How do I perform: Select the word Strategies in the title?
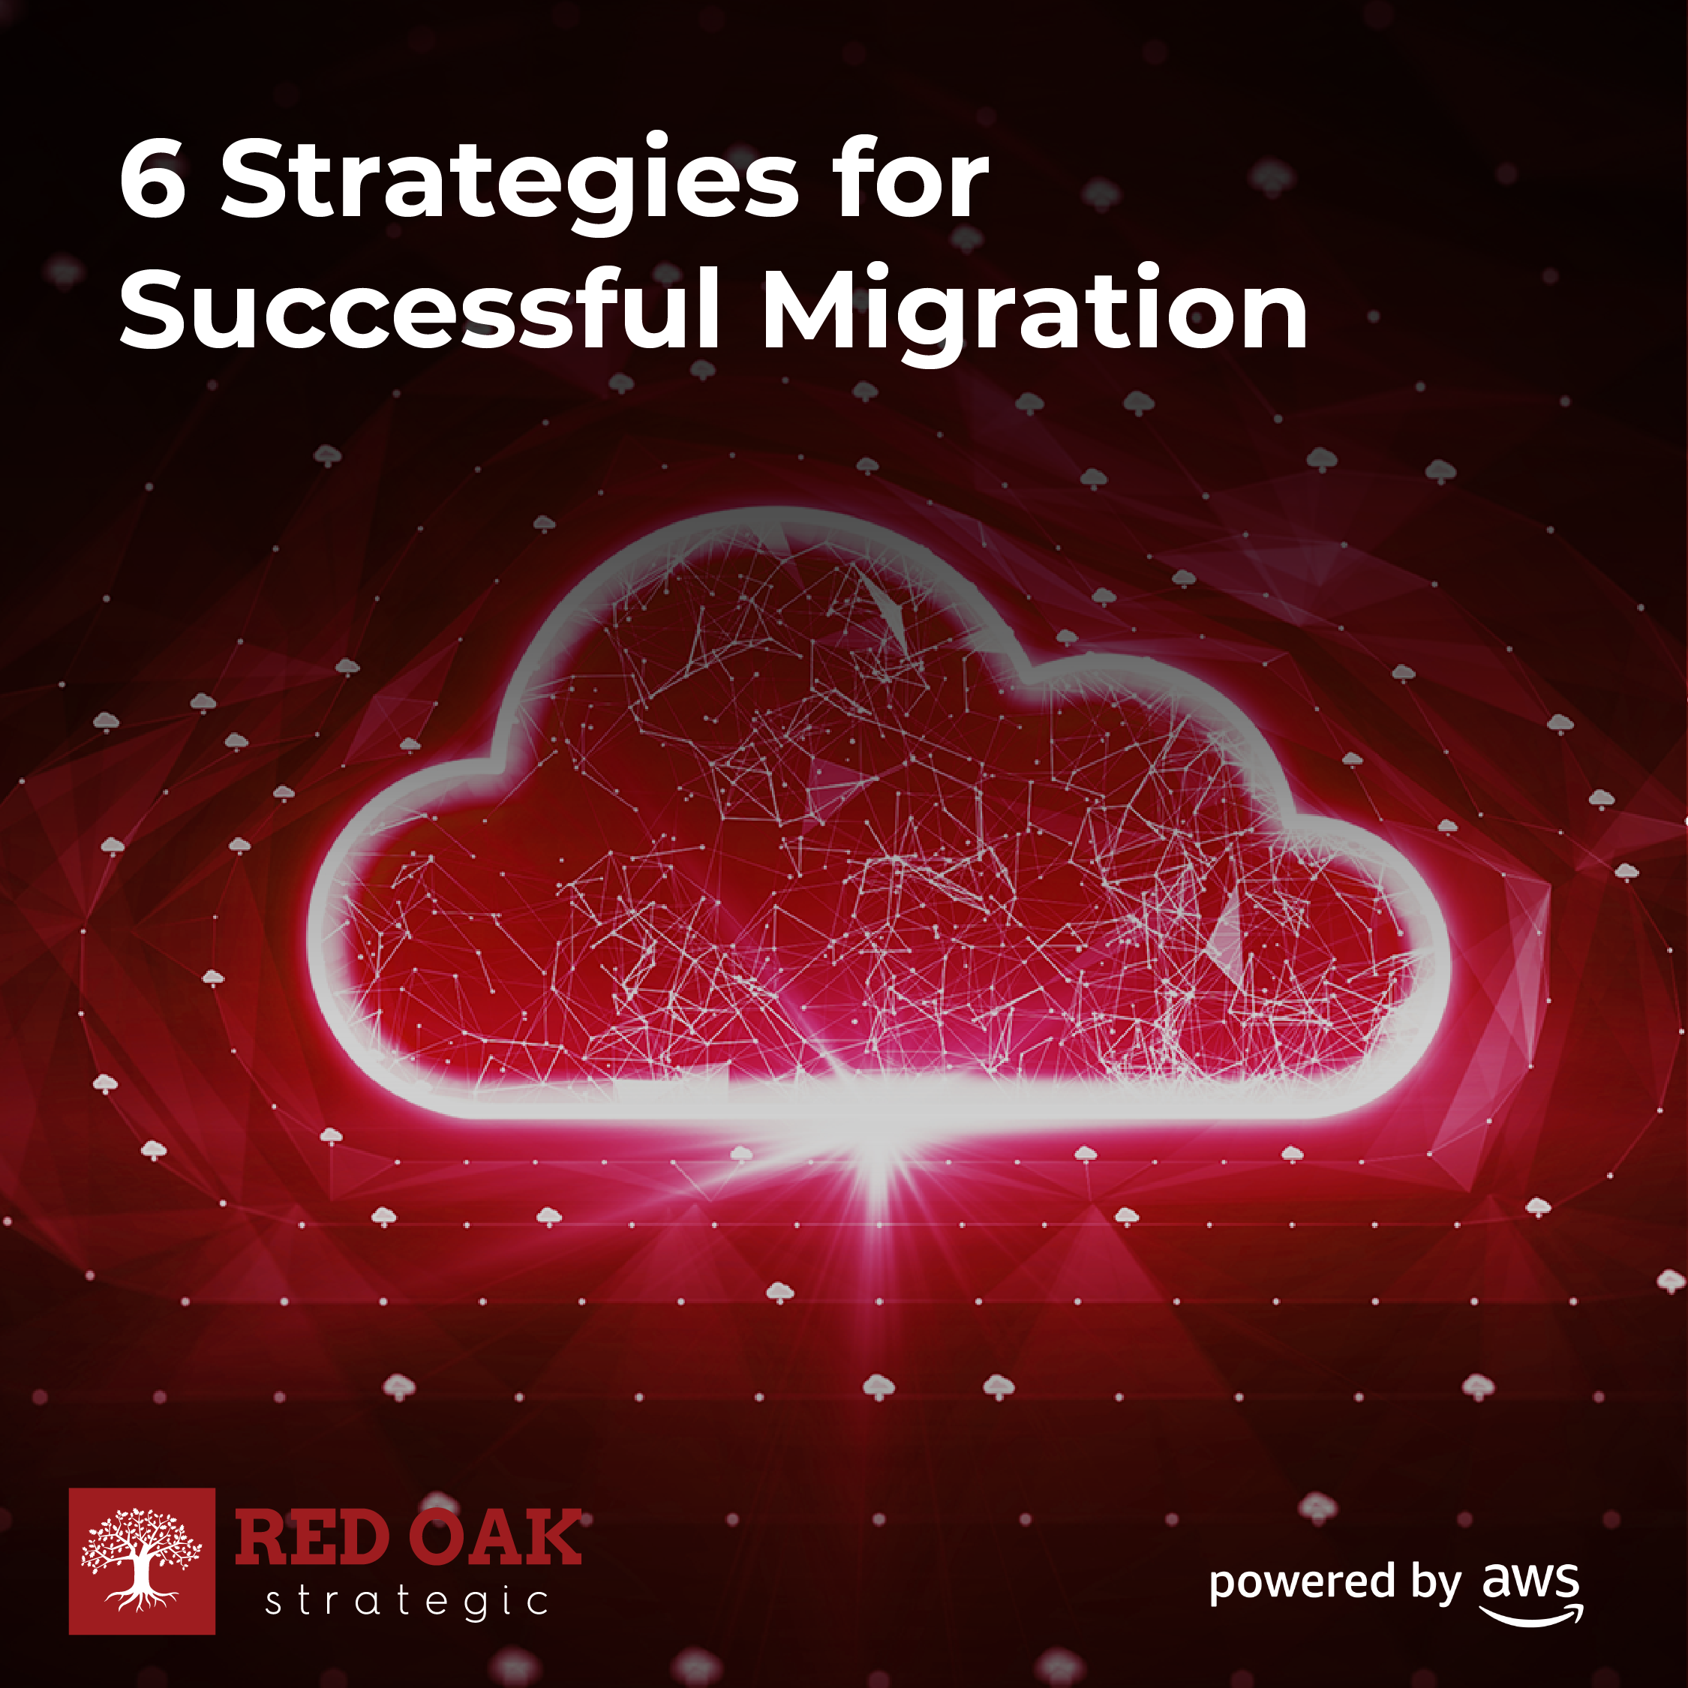pos(509,184)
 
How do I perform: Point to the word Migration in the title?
pos(1035,314)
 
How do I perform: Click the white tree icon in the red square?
pos(142,1560)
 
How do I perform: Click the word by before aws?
pos(1434,1583)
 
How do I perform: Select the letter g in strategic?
pos(477,1608)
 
